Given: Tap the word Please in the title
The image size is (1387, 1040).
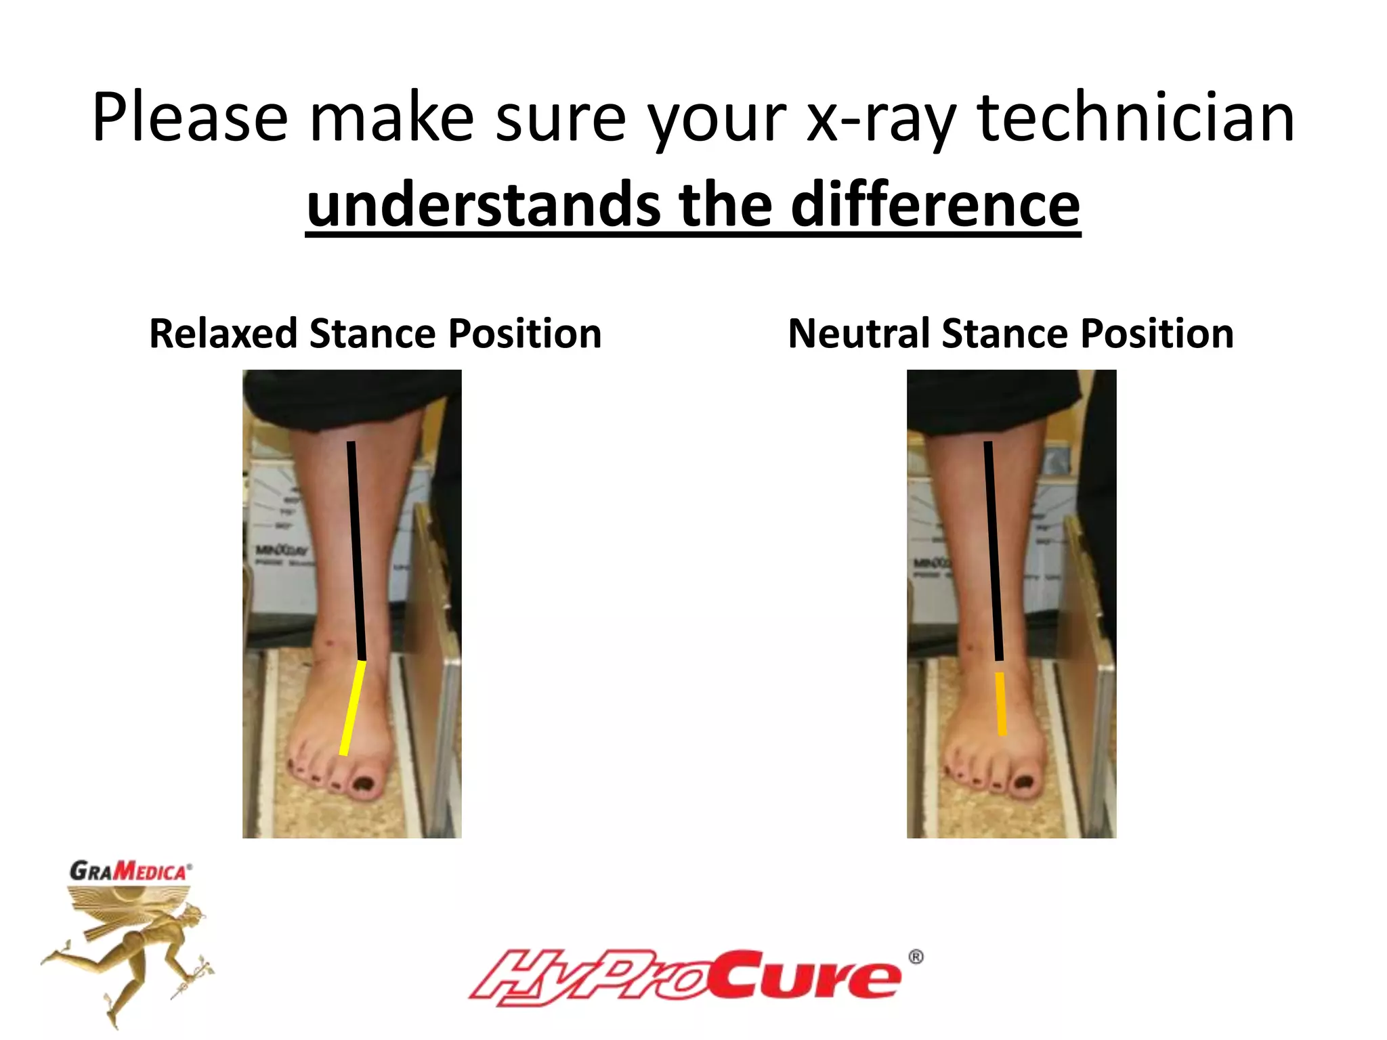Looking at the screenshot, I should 190,119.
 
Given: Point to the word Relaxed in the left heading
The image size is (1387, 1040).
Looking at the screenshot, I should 222,334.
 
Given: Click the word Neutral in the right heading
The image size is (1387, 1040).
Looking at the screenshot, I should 858,334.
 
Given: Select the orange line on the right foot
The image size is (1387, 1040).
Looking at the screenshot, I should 1000,703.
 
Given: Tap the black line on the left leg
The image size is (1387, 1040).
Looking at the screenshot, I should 356,548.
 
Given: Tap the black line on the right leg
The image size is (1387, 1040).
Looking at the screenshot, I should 994,548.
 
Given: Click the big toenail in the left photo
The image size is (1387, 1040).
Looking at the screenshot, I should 364,785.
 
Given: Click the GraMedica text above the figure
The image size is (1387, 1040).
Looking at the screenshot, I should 130,871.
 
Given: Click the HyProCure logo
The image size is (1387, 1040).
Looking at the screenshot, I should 684,977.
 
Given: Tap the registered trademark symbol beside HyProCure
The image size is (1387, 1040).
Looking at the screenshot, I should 915,957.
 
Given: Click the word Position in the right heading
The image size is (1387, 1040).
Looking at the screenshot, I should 1157,334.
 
